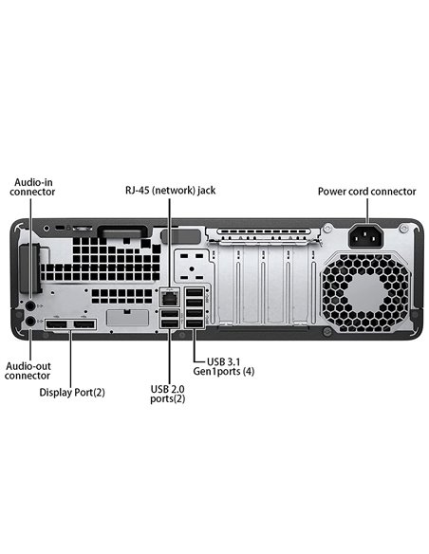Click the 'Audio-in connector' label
tap(33, 185)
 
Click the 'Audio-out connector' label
tap(28, 369)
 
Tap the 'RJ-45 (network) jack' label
tap(171, 190)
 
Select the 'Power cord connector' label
tap(366, 191)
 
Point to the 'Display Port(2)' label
tap(72, 391)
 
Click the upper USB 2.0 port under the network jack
tap(169, 315)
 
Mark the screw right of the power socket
tap(405, 229)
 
